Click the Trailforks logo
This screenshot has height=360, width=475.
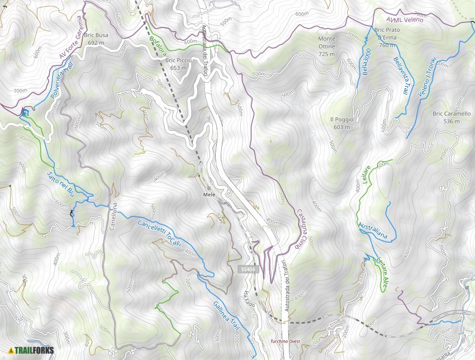(31, 350)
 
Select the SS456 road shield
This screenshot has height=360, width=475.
(249, 269)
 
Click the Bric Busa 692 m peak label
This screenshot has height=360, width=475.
(97, 39)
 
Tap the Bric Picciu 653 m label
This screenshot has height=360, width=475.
(179, 64)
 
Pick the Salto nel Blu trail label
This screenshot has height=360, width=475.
(60, 185)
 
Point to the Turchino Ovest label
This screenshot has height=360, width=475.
(286, 340)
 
